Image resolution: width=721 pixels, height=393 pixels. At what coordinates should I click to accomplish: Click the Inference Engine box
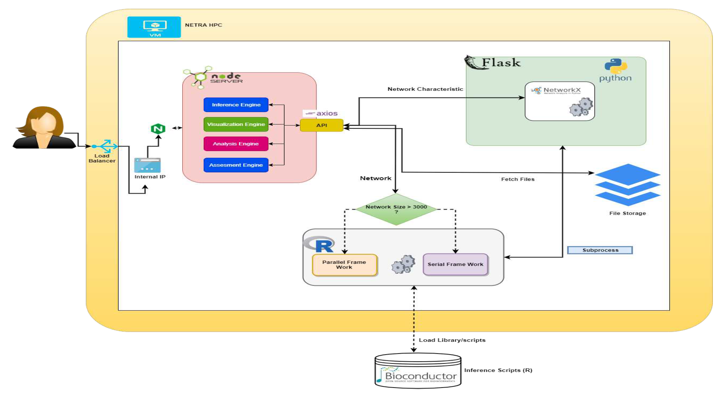point(236,105)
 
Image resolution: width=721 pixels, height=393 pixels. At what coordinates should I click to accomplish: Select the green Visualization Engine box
point(236,124)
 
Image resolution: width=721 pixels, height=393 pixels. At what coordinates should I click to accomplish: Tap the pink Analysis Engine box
point(236,144)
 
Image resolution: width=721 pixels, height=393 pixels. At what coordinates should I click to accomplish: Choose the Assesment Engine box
point(236,165)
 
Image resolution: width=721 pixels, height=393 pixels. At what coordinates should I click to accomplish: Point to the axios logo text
point(327,113)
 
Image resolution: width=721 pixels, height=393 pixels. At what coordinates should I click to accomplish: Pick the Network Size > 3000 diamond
point(396,209)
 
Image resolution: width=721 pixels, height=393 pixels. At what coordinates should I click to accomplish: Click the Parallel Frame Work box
point(344,264)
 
